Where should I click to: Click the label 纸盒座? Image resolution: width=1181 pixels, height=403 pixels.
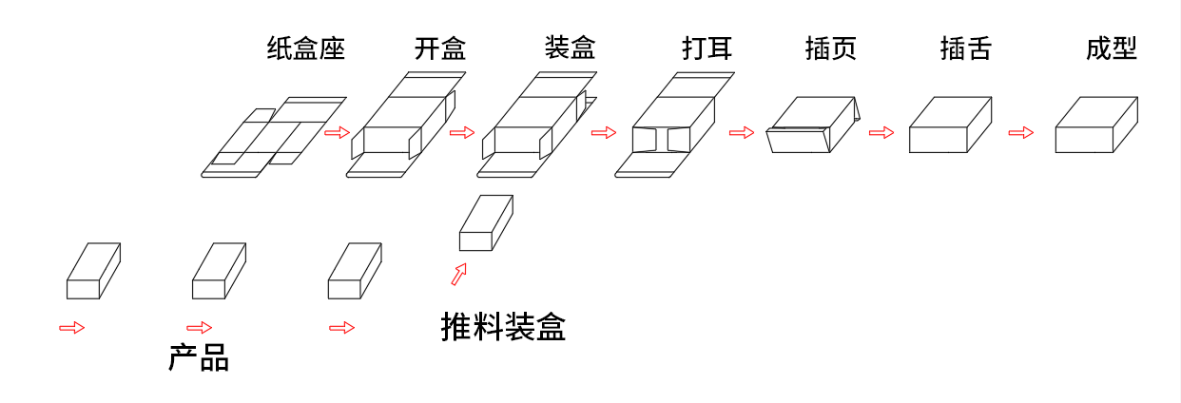(305, 48)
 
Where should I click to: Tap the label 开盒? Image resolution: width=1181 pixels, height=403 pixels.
(440, 48)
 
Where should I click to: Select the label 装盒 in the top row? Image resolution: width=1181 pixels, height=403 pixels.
(571, 47)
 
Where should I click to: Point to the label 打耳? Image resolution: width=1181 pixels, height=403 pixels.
(707, 48)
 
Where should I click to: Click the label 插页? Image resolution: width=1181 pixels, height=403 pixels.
(830, 48)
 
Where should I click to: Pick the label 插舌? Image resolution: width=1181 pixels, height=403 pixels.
(965, 48)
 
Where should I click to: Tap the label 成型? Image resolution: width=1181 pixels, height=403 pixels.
(1112, 48)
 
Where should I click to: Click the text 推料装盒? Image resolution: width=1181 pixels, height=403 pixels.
(503, 327)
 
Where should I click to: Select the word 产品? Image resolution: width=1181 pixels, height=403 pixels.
(199, 358)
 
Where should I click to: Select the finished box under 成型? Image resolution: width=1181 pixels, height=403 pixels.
(1095, 125)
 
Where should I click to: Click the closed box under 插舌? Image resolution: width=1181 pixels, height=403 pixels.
(950, 125)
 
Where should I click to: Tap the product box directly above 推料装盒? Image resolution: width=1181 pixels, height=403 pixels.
(486, 223)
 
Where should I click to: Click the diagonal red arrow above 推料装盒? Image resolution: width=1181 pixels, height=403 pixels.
(459, 275)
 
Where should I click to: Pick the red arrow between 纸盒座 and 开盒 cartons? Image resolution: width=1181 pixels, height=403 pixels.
(338, 132)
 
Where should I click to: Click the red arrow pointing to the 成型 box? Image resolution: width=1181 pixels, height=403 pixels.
(1020, 132)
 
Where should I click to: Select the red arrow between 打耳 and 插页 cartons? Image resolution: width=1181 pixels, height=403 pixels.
(742, 132)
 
